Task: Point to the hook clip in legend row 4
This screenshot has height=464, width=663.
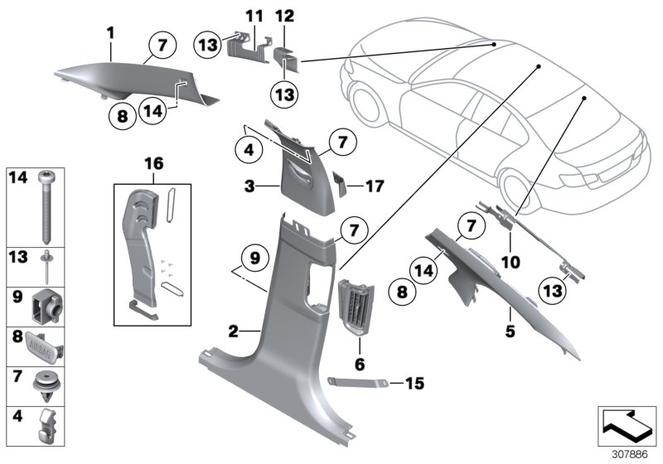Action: click(x=45, y=426)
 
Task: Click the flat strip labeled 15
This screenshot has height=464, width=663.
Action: click(x=360, y=381)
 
